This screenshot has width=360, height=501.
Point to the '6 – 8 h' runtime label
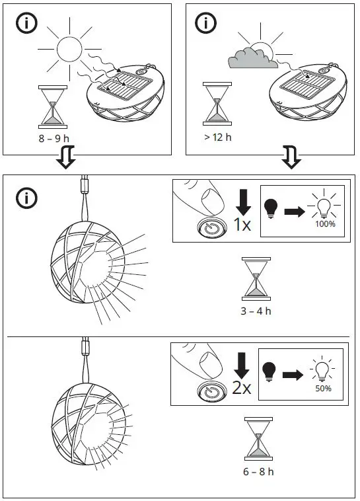click(258, 471)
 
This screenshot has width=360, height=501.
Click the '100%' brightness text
click(325, 224)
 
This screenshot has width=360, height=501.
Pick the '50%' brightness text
click(323, 389)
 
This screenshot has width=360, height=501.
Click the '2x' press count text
click(241, 388)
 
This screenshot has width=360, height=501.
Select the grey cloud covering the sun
click(251, 60)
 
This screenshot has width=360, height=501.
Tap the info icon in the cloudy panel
click(206, 22)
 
